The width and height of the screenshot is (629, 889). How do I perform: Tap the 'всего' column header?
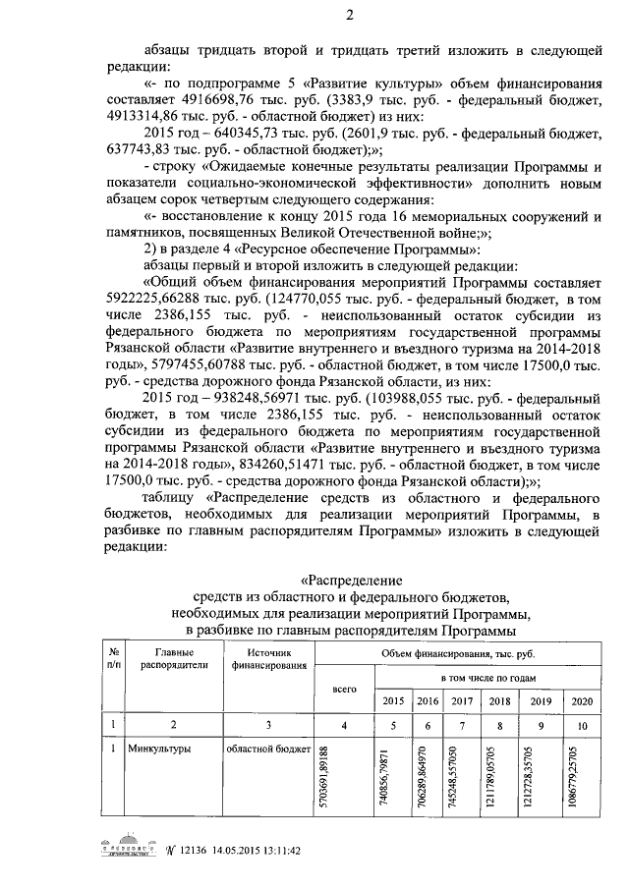coord(344,690)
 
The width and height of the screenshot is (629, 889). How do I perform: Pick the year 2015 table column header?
coord(393,700)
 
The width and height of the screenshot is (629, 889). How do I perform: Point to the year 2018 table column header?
coord(499,700)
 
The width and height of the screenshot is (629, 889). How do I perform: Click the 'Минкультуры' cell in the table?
coord(159,750)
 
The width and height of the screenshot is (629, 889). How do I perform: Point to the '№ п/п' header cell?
coord(115,658)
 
